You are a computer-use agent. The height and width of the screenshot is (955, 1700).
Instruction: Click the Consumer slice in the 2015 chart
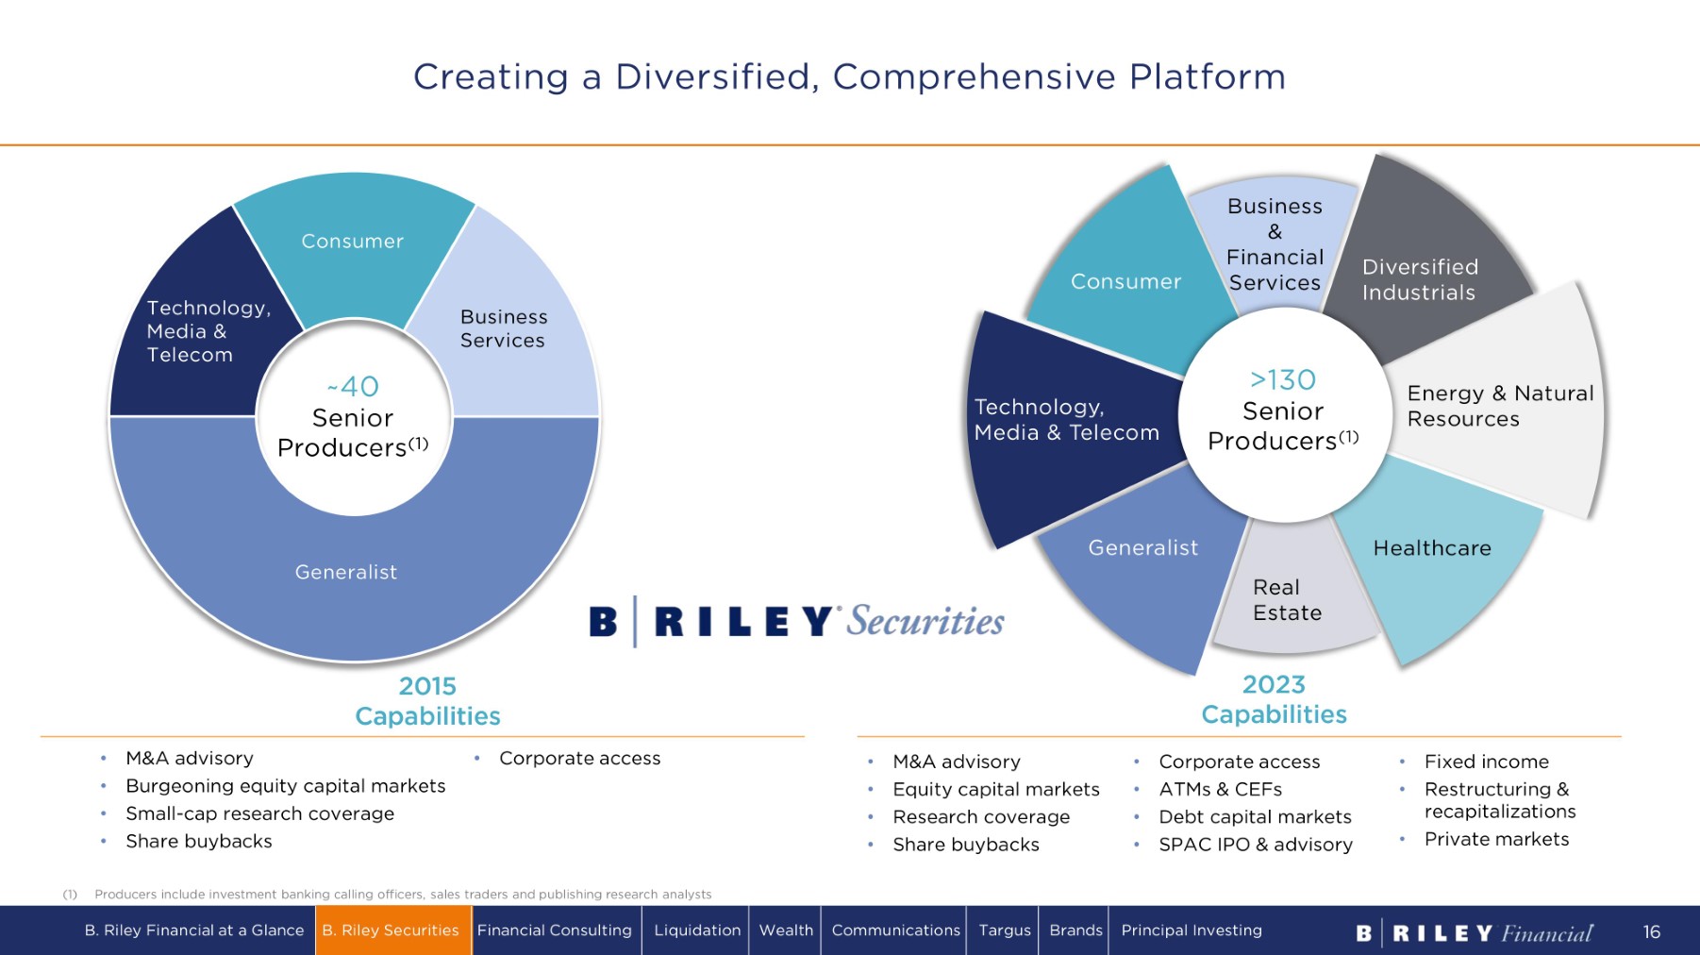354,242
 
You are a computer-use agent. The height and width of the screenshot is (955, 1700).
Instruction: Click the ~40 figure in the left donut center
353,387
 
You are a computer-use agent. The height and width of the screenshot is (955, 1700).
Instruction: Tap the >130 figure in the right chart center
1283,380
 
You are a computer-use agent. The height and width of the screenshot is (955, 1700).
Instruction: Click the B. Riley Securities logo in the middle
797,621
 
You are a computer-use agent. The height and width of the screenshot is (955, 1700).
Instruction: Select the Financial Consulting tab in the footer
555,930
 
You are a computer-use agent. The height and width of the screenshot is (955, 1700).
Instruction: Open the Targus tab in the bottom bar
1005,930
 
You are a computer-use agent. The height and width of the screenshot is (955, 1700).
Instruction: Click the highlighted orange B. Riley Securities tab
392,930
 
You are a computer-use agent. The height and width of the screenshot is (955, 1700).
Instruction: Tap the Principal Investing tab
1192,930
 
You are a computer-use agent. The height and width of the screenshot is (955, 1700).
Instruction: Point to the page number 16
1652,932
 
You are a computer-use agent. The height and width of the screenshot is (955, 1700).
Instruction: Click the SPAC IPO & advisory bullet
1256,845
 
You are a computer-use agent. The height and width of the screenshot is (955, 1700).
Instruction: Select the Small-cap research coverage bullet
260,813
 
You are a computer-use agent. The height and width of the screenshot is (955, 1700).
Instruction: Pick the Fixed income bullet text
1487,762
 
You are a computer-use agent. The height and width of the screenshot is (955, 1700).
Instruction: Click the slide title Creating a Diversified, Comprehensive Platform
850,77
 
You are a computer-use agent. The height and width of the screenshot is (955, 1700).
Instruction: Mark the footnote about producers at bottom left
388,895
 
